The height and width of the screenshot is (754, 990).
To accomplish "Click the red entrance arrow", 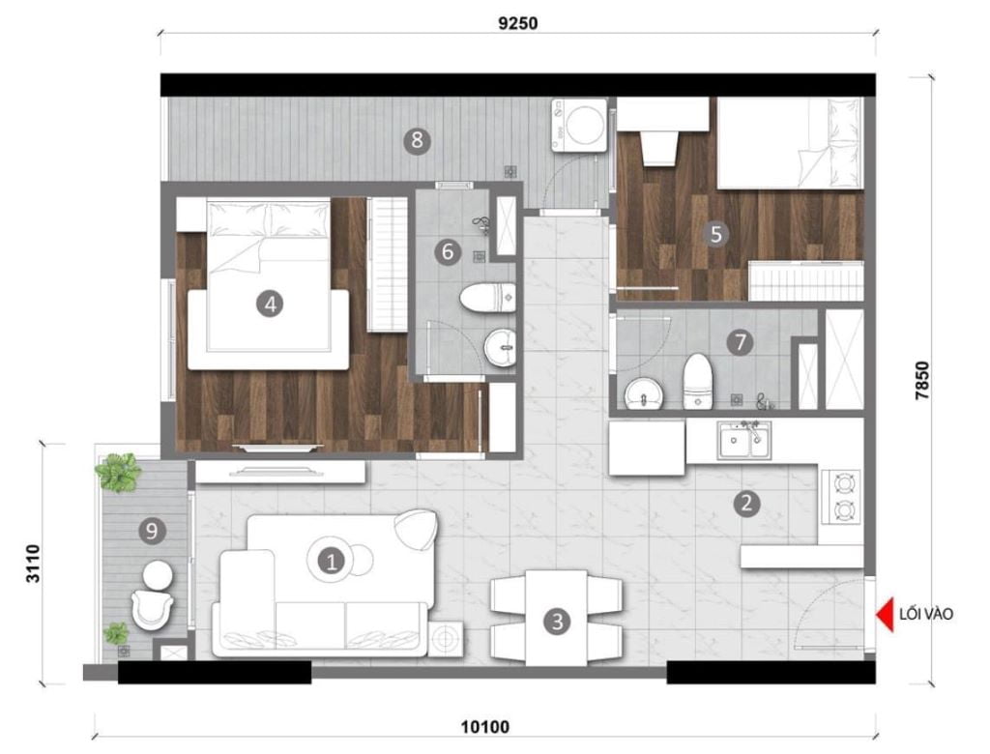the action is click(885, 614).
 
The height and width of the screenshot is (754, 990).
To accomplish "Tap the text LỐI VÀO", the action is click(925, 614).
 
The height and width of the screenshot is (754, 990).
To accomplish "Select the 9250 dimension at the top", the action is click(518, 23).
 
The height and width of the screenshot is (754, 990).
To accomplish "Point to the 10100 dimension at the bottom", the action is click(485, 728).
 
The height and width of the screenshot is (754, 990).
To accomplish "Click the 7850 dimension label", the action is click(922, 380).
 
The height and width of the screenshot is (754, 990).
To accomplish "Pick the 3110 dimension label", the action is click(33, 564).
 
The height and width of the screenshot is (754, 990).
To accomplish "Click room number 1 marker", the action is click(331, 560).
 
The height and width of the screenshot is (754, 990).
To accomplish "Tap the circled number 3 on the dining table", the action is click(557, 622).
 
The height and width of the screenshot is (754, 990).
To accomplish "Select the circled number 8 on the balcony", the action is click(418, 140).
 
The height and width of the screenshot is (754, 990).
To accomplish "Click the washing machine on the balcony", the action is click(579, 125).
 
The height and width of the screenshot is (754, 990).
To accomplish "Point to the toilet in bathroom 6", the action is click(488, 298).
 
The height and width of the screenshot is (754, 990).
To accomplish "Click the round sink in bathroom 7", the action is click(644, 393).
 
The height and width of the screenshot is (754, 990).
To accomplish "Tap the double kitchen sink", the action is click(743, 440).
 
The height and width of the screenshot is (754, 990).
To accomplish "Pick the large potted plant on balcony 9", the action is click(118, 473).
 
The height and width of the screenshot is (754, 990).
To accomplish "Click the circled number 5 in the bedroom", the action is click(715, 234).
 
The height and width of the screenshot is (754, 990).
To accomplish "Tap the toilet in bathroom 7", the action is click(698, 381).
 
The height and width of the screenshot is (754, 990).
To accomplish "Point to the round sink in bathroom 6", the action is click(500, 347).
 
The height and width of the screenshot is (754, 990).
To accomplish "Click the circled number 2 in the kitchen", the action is click(746, 504).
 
